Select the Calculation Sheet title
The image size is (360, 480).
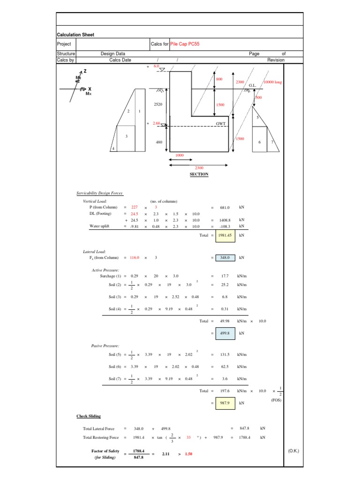tap(75, 35)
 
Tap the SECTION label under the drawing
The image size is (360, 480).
tap(199, 174)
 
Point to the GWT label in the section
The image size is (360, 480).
tap(221, 124)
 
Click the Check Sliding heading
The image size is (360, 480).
tap(89, 416)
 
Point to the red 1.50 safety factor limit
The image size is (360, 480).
tap(189, 454)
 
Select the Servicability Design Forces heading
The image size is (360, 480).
tap(100, 193)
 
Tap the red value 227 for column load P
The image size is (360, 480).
tap(135, 207)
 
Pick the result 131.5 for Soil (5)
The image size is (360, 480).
tap(225, 355)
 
